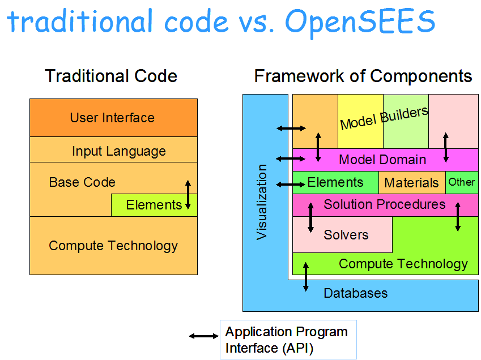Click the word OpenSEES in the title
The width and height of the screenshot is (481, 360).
click(x=361, y=22)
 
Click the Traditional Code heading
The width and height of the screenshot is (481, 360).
click(x=111, y=76)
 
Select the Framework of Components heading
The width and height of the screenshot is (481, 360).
click(x=363, y=76)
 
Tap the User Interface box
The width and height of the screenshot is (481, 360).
click(x=113, y=118)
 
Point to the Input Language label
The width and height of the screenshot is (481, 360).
click(x=119, y=151)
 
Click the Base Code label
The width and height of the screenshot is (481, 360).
click(x=82, y=182)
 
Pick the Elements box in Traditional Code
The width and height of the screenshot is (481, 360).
click(x=154, y=205)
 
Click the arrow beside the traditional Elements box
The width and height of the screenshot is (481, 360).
click(x=188, y=195)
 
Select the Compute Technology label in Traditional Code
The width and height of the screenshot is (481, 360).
click(x=113, y=245)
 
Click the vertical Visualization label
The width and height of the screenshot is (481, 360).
click(x=262, y=202)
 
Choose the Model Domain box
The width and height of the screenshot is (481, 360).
click(x=382, y=160)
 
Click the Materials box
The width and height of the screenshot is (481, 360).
click(x=411, y=183)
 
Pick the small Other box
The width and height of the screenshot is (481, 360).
click(x=462, y=182)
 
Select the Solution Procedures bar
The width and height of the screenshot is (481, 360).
click(x=385, y=204)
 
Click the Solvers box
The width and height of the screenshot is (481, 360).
click(x=346, y=234)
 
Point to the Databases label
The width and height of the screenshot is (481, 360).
click(x=356, y=293)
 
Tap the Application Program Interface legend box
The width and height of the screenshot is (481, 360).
click(x=288, y=340)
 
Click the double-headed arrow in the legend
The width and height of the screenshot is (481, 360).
click(x=203, y=336)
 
